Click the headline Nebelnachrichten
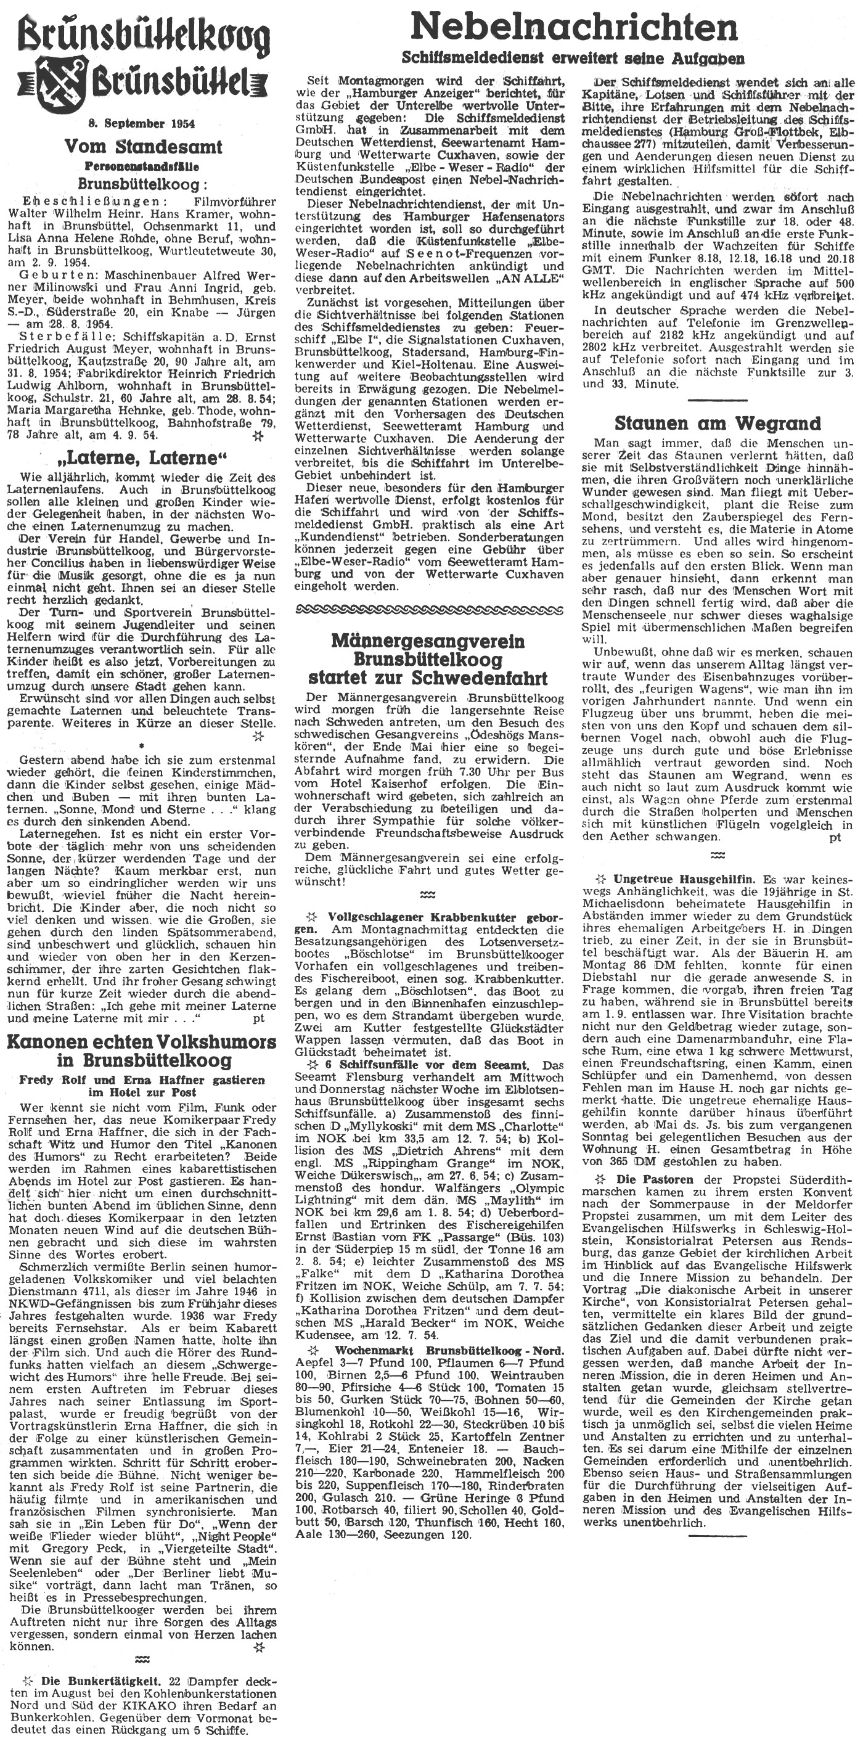[574, 28]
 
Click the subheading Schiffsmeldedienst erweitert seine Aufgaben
[574, 58]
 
